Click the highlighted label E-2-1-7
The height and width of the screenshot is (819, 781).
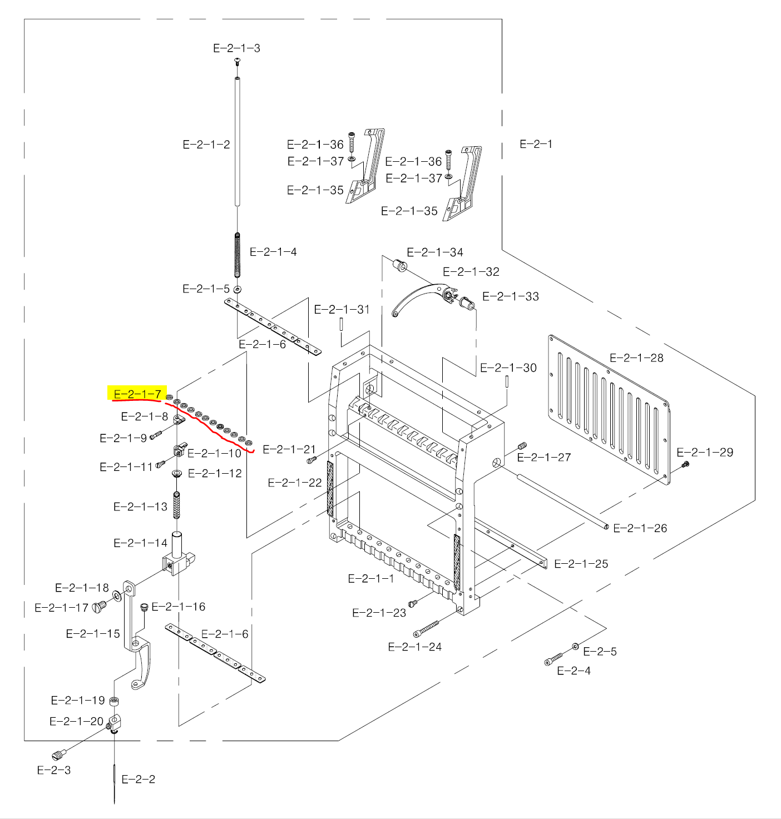137,394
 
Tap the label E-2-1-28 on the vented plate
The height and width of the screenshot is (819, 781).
636,358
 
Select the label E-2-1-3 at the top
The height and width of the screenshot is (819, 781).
236,48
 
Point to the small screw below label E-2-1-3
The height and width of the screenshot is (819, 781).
238,61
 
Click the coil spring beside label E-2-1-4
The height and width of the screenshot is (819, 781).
238,255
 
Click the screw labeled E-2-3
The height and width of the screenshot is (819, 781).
58,755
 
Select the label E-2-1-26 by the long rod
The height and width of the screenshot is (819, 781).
640,528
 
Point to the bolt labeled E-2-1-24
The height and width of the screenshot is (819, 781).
426,629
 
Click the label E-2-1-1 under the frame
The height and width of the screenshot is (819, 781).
370,579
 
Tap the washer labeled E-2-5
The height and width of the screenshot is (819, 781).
575,647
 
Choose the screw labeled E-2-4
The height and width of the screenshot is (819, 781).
553,659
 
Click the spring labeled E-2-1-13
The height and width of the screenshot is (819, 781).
177,505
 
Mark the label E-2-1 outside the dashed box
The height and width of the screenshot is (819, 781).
536,144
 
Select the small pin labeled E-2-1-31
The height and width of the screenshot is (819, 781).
341,324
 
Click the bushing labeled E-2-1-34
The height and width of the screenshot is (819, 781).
401,265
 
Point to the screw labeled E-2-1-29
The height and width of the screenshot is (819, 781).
685,464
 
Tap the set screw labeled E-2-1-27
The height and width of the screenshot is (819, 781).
522,446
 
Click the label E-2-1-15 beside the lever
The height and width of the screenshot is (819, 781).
93,634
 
